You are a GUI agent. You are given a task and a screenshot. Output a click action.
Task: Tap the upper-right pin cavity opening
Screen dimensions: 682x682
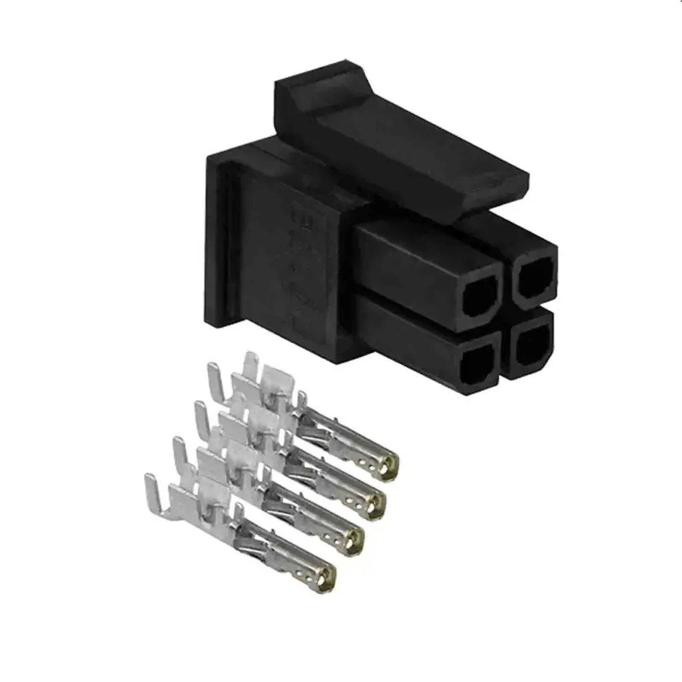coord(533,276)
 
